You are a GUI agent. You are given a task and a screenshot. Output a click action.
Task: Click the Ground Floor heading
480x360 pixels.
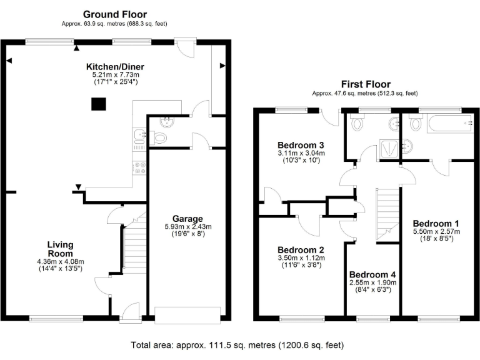tap(114, 14)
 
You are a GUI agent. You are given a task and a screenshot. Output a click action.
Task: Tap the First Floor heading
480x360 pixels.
tap(366, 84)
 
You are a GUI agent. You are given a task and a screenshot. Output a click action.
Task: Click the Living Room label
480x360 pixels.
tap(61, 249)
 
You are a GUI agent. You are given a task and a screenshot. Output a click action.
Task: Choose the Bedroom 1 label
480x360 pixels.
tap(436, 223)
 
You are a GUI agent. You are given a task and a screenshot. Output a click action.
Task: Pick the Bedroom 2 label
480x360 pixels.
tap(301, 249)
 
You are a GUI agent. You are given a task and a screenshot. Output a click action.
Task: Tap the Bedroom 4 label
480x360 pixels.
tap(372, 274)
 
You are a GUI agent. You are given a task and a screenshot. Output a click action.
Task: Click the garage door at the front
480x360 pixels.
tap(187, 314)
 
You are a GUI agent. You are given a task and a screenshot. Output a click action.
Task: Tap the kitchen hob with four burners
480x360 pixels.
tap(141, 167)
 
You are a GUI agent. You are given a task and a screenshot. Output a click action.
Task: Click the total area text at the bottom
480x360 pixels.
tap(237, 345)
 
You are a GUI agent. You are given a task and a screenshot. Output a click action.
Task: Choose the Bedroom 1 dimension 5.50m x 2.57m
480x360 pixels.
tap(436, 231)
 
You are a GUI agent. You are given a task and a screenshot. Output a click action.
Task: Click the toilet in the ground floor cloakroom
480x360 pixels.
tap(160, 138)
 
